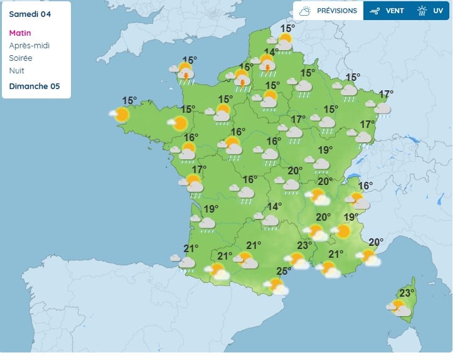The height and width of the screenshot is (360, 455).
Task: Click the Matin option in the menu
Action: coord(20,33)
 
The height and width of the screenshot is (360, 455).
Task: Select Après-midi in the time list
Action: coord(29,46)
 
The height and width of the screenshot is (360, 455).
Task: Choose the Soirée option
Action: coord(21,58)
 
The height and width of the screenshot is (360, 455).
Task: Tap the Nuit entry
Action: coord(17,71)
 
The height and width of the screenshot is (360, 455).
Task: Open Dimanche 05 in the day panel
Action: coord(35,87)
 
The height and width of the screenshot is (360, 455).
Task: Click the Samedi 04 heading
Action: coord(29,13)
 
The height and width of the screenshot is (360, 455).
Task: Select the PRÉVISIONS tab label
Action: coord(336,11)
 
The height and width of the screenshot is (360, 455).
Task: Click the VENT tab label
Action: coord(395,11)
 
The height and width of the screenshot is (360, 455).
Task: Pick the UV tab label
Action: coord(437,11)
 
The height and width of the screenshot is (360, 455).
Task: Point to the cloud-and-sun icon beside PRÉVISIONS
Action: coord(306,11)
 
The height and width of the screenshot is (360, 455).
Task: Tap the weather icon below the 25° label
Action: coord(277,287)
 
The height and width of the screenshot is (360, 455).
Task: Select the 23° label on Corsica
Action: coord(407,293)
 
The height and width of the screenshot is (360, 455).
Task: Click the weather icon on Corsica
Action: coord(400,307)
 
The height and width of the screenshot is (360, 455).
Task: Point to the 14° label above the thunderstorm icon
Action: coord(271,53)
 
